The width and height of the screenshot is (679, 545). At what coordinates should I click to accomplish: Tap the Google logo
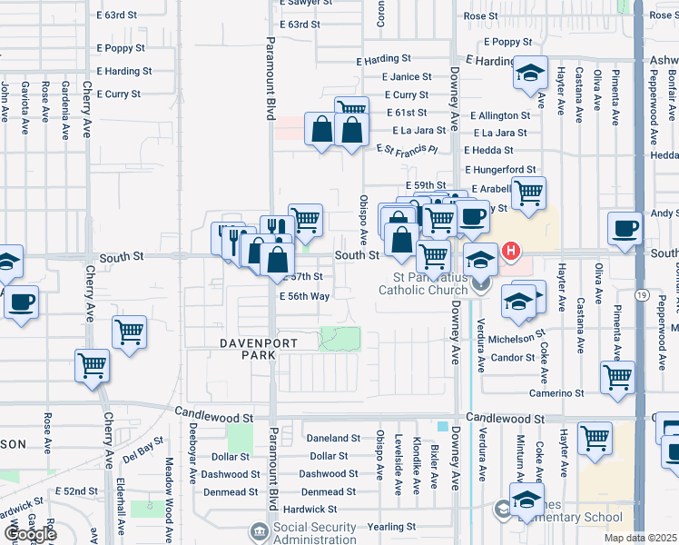[x=29, y=534]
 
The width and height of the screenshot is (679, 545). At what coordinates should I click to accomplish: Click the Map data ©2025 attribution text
[x=641, y=539]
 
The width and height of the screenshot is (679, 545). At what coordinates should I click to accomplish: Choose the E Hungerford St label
[x=500, y=170]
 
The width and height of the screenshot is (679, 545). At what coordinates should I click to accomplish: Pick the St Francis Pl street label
[x=408, y=148]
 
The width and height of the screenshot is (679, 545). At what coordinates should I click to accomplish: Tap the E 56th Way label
[x=304, y=297]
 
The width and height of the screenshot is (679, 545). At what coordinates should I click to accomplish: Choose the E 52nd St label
[x=77, y=491]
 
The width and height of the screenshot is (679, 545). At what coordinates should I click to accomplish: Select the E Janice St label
[x=407, y=77]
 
